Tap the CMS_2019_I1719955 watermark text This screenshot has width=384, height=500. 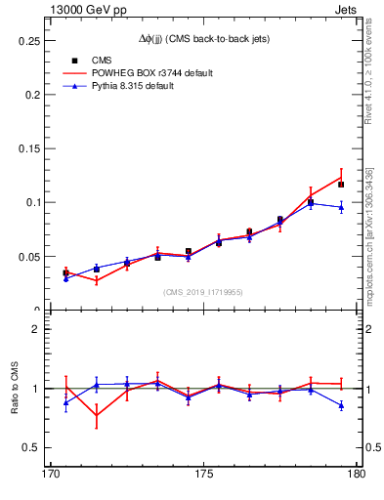203,291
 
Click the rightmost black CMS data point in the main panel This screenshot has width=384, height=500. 341,184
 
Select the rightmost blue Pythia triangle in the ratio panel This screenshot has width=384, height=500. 341,405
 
